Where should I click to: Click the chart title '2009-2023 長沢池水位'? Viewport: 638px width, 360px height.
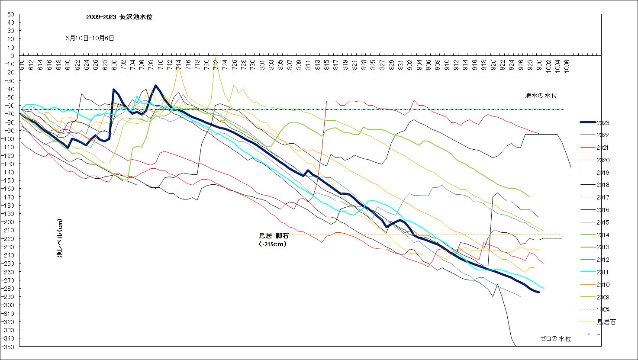119,17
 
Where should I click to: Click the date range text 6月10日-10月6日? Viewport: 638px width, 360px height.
90,38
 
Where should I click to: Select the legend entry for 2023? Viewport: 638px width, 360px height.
603,123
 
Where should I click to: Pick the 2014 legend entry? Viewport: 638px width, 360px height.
603,235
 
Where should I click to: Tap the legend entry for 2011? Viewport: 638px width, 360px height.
603,272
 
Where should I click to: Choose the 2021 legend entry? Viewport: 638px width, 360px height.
603,148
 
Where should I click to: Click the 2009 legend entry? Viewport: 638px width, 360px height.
603,297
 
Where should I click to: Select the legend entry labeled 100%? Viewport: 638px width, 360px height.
603,309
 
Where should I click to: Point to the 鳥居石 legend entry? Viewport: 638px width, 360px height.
606,322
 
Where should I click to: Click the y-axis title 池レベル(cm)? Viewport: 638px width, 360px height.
60,238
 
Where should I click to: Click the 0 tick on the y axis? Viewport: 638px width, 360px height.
13,56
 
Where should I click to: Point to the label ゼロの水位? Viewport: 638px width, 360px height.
556,339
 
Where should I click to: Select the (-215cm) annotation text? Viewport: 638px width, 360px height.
273,244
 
